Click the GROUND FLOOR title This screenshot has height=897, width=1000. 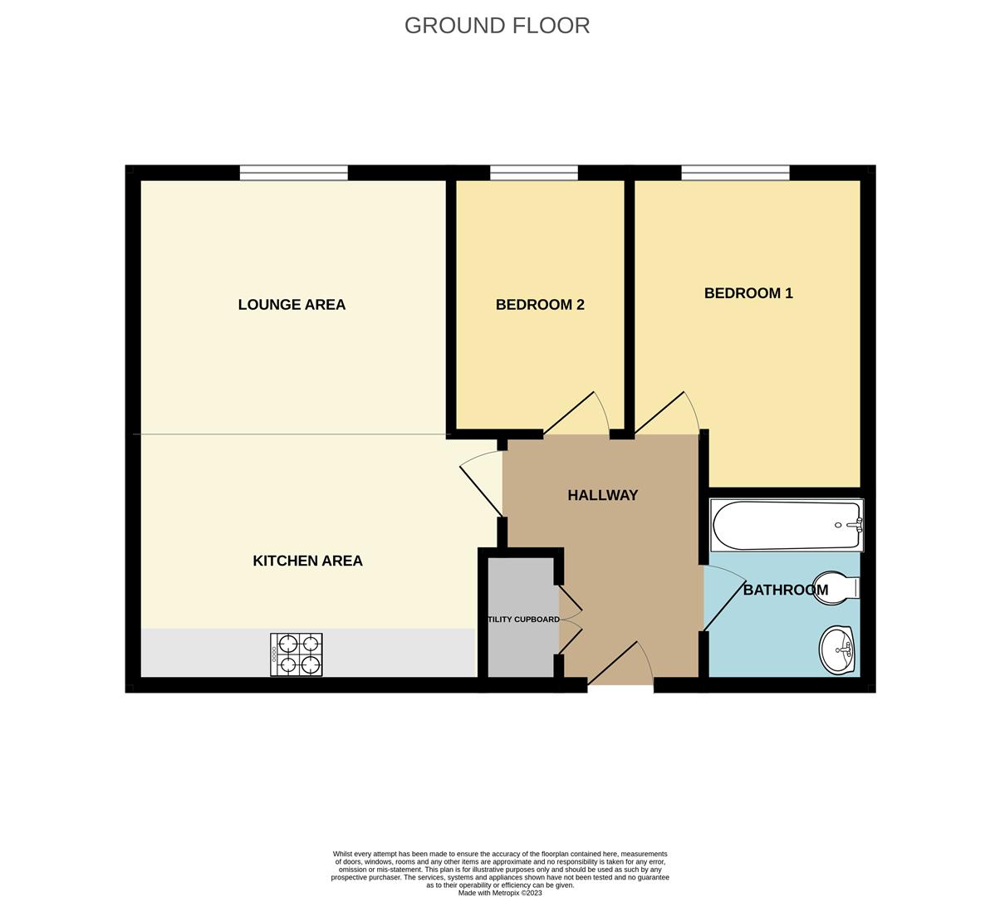497,26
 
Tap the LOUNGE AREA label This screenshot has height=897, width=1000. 292,305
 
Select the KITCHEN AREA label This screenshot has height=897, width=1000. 307,561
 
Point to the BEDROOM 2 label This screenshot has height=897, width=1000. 540,305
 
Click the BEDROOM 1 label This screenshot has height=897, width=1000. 748,293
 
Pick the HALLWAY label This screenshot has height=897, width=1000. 602,495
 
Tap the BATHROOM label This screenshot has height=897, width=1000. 785,591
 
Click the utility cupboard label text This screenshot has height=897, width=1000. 523,620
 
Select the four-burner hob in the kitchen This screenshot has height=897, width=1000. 297,654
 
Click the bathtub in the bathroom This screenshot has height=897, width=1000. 786,526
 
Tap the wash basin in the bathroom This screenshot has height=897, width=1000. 838,649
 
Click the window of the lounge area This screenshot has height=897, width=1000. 294,173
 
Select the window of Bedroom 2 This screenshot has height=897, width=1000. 533,173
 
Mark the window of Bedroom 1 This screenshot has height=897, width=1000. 735,173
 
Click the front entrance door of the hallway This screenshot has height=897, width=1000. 621,664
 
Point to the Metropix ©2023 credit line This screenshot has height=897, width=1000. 500,893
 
